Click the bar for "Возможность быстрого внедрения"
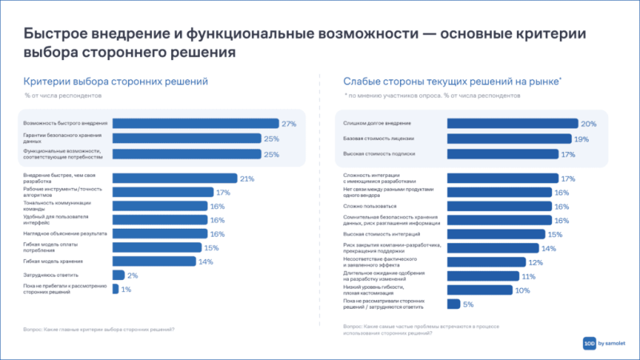pos(195,123)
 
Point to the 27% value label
pos(289,123)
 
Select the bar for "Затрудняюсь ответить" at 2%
pos(118,274)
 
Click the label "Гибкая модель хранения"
pos(54,261)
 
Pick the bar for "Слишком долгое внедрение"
pos(512,123)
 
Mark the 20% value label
pos(589,123)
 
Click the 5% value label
pos(469,304)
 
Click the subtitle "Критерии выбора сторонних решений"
pos(115,82)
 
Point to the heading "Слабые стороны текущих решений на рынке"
pos(452,82)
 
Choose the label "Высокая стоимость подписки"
pos(379,153)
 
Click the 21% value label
pos(247,178)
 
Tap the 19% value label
pos(582,138)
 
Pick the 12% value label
pos(535,262)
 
